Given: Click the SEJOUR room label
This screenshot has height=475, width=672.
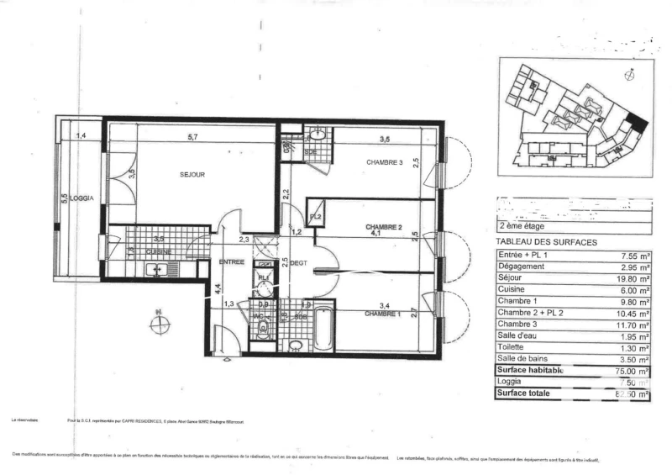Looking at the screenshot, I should pos(192,175).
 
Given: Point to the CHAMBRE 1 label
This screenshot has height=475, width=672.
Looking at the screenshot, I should pos(383,314).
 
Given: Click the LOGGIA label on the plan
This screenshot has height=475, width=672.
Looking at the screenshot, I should pos(81,198).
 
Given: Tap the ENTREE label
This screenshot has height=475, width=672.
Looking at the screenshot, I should pos(232,262).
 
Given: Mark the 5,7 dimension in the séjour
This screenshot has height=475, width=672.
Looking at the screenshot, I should pos(192,137).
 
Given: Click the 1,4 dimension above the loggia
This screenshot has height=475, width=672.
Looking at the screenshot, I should pos(81,136).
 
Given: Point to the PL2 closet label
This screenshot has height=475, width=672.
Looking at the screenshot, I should pos(316,217).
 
